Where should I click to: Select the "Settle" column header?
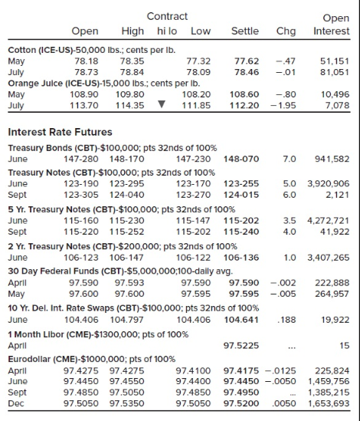point(244,31)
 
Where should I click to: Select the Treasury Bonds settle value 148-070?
point(241,159)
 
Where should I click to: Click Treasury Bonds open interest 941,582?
point(332,159)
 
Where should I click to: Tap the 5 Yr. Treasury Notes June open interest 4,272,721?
point(328,220)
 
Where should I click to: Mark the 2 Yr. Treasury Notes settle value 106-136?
point(241,258)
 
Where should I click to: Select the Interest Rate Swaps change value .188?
point(286,320)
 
